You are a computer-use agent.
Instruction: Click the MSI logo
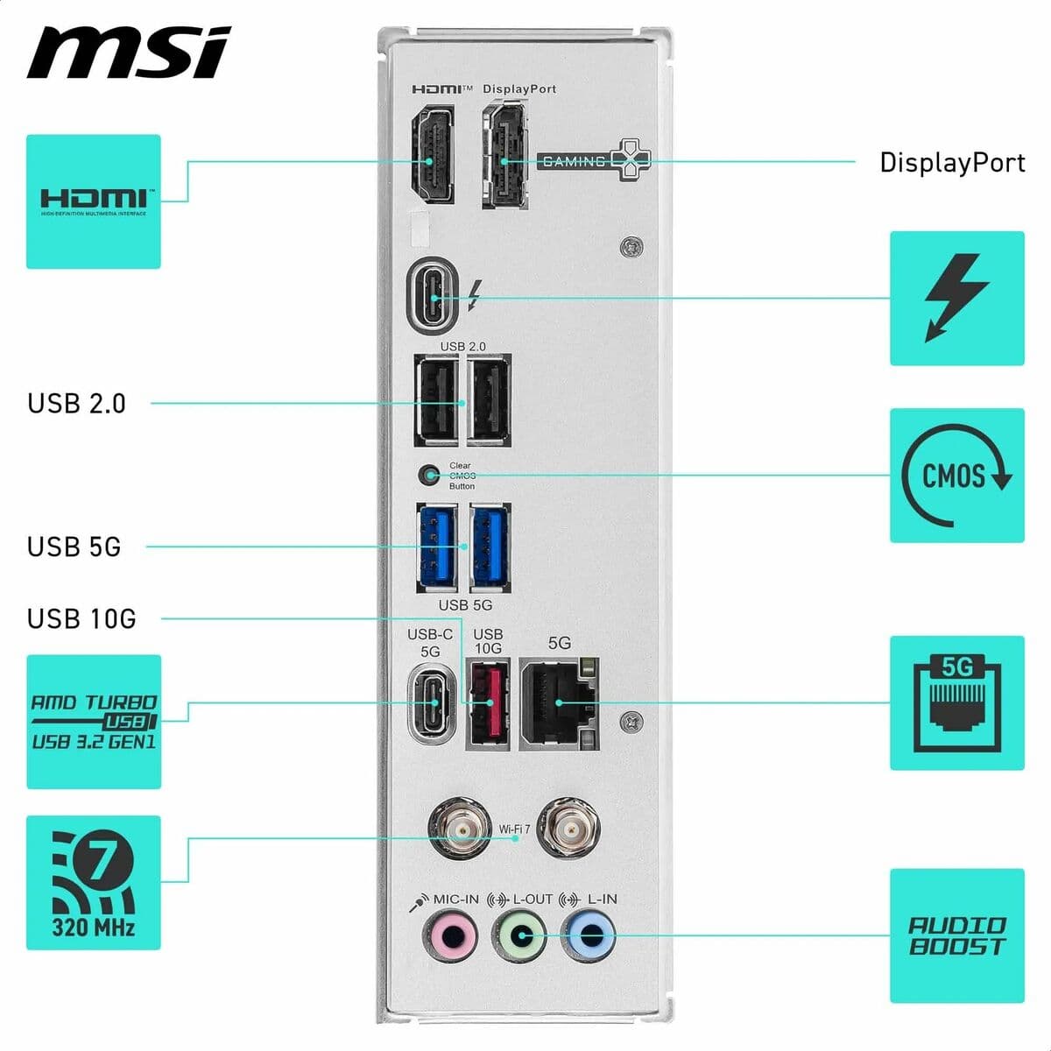128,52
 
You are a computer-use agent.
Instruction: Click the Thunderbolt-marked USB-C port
434,298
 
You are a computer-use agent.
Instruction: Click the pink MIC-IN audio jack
450,936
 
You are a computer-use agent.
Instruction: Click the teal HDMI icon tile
94,201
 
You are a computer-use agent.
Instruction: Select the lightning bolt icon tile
956,299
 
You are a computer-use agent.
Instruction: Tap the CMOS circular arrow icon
956,476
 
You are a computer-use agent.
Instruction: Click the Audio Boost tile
956,935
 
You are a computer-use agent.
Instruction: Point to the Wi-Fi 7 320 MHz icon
94,883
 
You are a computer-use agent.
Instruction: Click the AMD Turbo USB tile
94,722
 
